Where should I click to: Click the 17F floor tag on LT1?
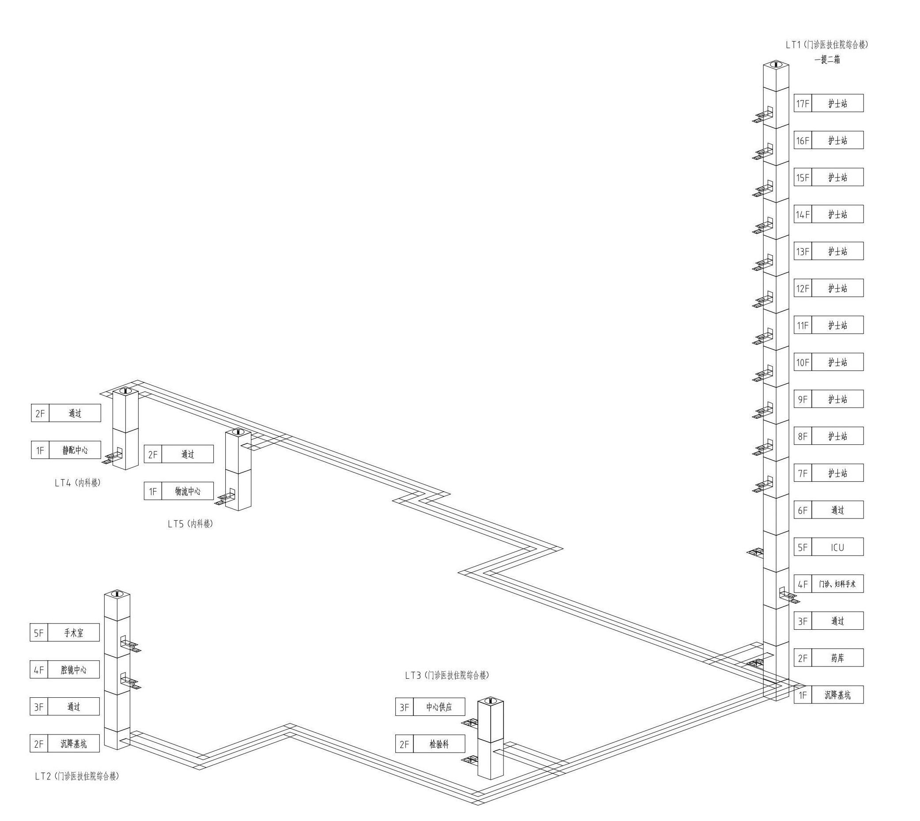[x=803, y=103]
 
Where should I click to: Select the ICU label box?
[x=837, y=547]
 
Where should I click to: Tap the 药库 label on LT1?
[x=837, y=658]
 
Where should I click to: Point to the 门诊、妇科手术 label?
[x=837, y=584]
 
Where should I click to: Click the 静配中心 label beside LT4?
[x=75, y=450]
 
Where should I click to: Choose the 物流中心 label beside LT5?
[x=188, y=491]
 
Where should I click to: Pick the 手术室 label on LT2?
[x=74, y=633]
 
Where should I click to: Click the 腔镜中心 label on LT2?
[x=74, y=670]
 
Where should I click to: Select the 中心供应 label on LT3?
[x=439, y=707]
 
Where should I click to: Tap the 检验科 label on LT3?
[x=439, y=744]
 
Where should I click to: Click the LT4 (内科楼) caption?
[x=78, y=483]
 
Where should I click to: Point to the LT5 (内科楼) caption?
[x=190, y=524]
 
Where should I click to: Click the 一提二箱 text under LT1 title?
[x=827, y=60]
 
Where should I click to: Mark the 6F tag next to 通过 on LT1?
[x=803, y=510]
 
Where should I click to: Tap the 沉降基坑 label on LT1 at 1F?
[x=837, y=695]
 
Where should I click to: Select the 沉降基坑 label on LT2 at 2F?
[x=74, y=744]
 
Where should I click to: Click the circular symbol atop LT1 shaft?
[x=776, y=64]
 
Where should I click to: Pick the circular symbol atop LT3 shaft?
[x=490, y=701]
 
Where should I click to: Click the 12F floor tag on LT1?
[x=803, y=288]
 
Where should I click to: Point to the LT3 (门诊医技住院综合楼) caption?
[x=447, y=675]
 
